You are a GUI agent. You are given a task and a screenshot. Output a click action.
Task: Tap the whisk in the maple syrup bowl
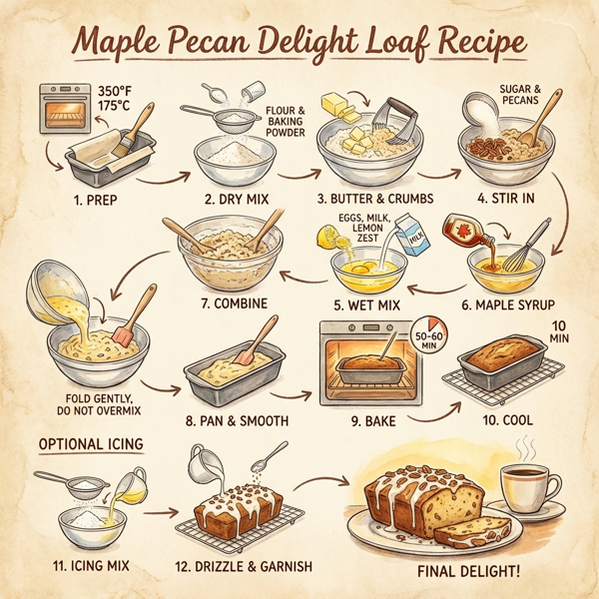pyautogui.click(x=528, y=247)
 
